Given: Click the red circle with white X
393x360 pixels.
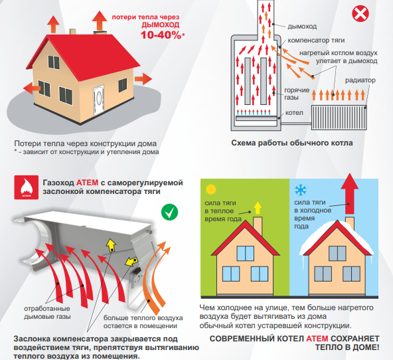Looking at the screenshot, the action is pyautogui.click(x=360, y=13).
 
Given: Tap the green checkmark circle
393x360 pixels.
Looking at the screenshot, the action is pyautogui.click(x=170, y=212).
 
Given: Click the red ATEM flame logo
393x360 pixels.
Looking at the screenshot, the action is pyautogui.click(x=27, y=187).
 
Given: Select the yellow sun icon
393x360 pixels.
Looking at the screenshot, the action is pyautogui.click(x=211, y=189).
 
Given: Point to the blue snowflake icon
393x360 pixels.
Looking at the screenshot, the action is pyautogui.click(x=301, y=190).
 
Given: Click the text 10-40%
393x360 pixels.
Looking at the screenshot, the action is pyautogui.click(x=161, y=35).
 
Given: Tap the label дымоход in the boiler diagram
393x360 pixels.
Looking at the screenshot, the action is pyautogui.click(x=302, y=27).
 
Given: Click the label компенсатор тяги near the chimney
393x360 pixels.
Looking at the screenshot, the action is pyautogui.click(x=316, y=41).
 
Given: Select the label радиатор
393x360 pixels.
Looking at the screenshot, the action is pyautogui.click(x=360, y=80).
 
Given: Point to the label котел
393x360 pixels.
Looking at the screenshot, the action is pyautogui.click(x=294, y=113).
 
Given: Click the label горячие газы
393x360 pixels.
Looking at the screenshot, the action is pyautogui.click(x=297, y=94).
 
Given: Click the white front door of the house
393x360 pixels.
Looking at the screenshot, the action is pyautogui.click(x=99, y=100).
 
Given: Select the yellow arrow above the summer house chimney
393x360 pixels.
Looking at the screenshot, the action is pyautogui.click(x=258, y=208).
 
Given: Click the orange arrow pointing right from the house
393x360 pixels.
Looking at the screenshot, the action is pyautogui.click(x=143, y=79).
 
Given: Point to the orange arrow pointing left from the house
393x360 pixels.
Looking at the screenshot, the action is pyautogui.click(x=32, y=88).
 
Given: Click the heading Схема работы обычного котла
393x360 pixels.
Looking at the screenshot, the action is pyautogui.click(x=292, y=143).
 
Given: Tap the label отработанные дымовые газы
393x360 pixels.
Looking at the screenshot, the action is pyautogui.click(x=47, y=313).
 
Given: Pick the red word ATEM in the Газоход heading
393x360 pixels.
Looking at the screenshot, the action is pyautogui.click(x=87, y=183).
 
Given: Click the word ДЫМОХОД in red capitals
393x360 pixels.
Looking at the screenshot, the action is pyautogui.click(x=161, y=25).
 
